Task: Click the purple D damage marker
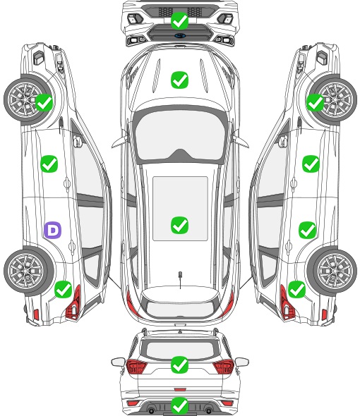pos(53,230)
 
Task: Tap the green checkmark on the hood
pos(179,80)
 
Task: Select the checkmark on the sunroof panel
pos(179,225)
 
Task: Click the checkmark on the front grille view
pos(179,20)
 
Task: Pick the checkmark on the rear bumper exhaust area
pos(179,405)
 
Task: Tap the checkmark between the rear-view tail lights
pos(179,365)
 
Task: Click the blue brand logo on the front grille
pos(179,35)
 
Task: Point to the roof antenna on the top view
pos(180,279)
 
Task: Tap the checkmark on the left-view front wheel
pos(44,103)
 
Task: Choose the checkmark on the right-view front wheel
pos(316,103)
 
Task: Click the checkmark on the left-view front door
pos(49,164)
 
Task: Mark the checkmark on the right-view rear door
pos(307,230)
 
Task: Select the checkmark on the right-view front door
pos(311,164)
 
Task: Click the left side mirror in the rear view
pos(118,362)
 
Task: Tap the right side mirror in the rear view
pos(242,362)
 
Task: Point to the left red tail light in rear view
pos(136,366)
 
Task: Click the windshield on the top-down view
pos(180,135)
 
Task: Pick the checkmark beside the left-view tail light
pos(64,290)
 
